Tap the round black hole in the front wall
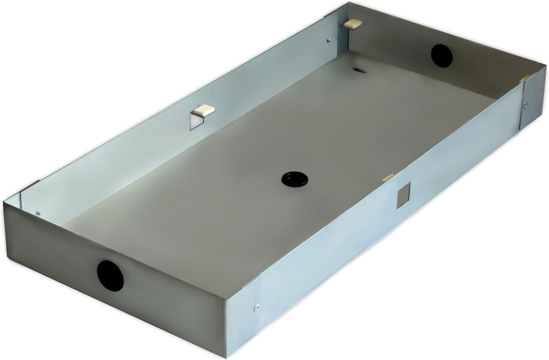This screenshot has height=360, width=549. tap(110, 274)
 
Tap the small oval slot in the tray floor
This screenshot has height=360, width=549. tap(359, 70)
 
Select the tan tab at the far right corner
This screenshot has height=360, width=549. tap(525, 78)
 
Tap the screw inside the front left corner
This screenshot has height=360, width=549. tap(39, 212)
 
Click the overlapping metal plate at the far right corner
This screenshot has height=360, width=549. tap(533, 98)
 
